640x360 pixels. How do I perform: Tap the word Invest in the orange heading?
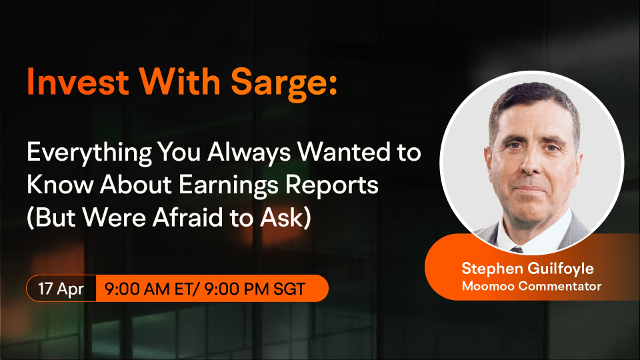pyautogui.click(x=78, y=81)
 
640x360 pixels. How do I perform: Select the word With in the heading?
pyautogui.click(x=180, y=81)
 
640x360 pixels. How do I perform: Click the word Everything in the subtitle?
pyautogui.click(x=89, y=153)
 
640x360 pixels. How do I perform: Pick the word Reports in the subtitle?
pyautogui.click(x=332, y=186)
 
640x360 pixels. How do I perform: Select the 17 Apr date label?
pyautogui.click(x=61, y=289)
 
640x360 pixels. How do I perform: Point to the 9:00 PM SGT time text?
pyautogui.click(x=255, y=289)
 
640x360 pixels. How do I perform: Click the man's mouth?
pyautogui.click(x=529, y=189)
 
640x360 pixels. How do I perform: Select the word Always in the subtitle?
pyautogui.click(x=249, y=153)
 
